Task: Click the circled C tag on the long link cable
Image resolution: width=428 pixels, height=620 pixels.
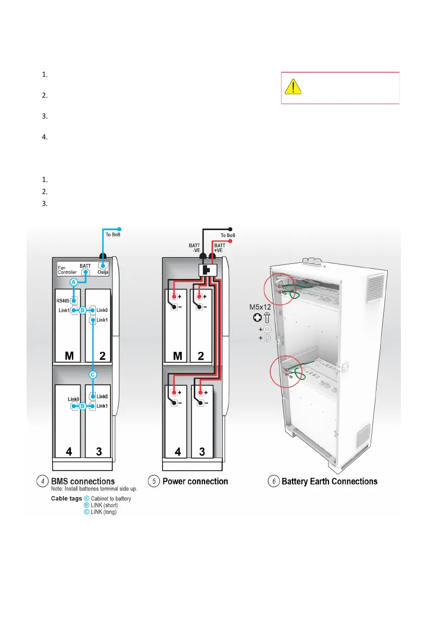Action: click(92, 374)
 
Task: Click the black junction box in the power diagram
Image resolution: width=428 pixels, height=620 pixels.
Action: click(207, 270)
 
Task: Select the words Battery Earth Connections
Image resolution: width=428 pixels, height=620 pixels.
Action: click(330, 482)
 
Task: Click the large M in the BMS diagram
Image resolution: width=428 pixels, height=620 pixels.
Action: click(69, 356)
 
